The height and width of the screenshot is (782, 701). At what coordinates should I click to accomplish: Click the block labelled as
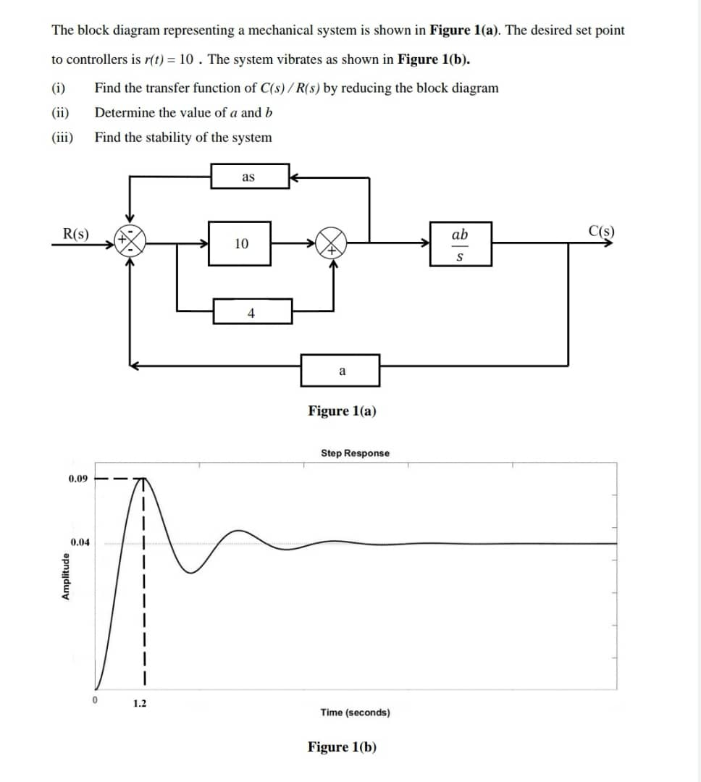(248, 176)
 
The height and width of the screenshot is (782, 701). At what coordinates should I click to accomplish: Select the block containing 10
(241, 244)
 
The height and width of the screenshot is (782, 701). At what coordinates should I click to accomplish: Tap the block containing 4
(252, 312)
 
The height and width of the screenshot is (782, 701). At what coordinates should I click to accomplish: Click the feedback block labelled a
(340, 371)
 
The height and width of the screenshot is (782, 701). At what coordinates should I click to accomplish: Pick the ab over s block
(460, 244)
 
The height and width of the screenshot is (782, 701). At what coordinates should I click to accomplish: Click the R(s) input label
(75, 233)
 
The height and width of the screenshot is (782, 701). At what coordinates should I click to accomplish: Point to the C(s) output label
(602, 232)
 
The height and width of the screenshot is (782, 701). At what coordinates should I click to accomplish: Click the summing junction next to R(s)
(132, 240)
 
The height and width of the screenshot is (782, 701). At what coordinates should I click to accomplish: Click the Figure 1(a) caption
(342, 411)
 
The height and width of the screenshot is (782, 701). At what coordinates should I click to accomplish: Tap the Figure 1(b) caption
(342, 747)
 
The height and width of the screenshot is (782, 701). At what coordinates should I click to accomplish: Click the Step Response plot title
(355, 453)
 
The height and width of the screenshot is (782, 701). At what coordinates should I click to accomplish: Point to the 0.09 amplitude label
(78, 479)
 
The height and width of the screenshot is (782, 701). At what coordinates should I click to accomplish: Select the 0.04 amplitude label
(80, 542)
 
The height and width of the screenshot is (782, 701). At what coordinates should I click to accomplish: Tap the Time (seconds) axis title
(355, 712)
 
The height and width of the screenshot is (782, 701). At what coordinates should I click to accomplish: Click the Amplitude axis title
(66, 576)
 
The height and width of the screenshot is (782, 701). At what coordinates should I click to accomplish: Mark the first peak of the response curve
(143, 480)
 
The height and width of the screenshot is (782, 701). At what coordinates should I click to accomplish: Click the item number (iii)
(62, 138)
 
